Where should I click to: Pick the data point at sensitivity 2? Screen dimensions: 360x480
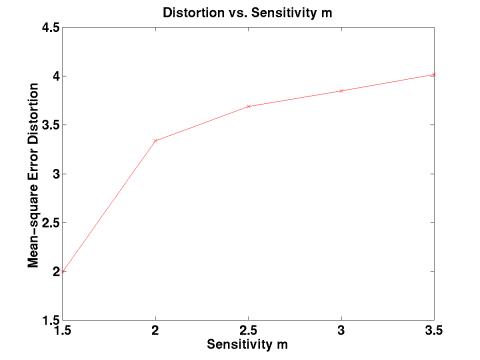[156, 141]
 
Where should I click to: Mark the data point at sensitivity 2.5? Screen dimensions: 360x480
[249, 106]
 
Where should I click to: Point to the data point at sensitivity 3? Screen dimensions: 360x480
[342, 91]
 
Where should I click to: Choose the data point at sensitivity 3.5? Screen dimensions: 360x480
[434, 74]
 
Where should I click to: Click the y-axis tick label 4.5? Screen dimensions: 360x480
[48, 28]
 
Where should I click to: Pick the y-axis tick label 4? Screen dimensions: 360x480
[54, 77]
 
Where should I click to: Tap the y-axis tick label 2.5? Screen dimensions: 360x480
[48, 223]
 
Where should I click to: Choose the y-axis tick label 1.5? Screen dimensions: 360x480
[48, 321]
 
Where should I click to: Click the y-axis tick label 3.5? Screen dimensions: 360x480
[48, 126]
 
